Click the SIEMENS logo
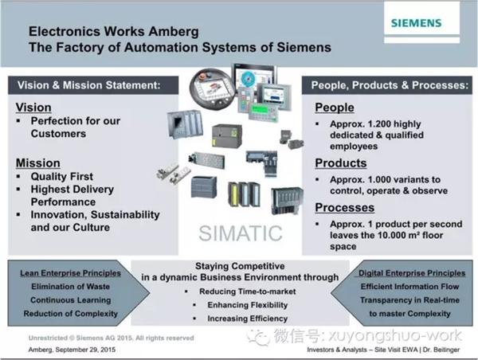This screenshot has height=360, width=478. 416,23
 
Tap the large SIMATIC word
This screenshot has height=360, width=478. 241,233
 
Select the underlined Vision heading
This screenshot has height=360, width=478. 33,108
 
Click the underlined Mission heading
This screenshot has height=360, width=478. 38,163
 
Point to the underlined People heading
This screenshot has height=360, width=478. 335,108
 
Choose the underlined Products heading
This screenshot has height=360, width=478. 341,163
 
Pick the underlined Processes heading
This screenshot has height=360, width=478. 345,208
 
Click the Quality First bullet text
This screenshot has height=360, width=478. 62,177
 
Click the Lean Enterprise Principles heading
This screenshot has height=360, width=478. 70,273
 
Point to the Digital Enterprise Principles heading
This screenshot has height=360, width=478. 412,273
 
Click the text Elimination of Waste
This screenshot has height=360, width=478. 70,287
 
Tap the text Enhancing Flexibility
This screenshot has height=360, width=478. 248,305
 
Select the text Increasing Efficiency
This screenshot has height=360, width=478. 248,319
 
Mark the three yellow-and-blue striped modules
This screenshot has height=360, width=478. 245,194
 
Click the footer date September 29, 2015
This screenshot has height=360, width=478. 86,350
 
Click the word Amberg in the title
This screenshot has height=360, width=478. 174,32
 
